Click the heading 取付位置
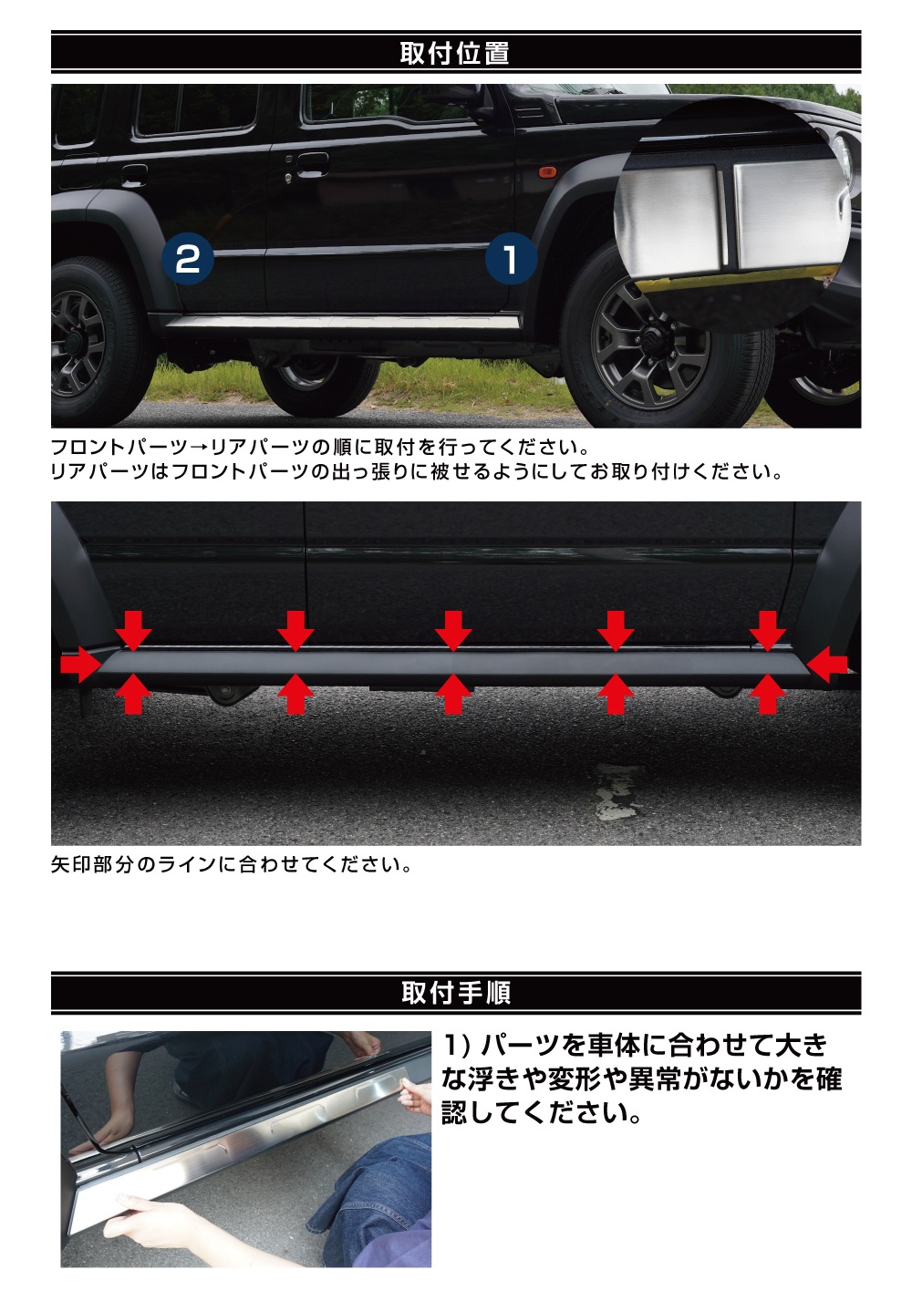(x=454, y=53)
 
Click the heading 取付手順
(x=456, y=992)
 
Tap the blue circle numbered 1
(x=511, y=259)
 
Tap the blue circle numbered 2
(x=187, y=259)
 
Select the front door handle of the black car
(x=313, y=165)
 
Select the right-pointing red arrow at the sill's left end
(x=81, y=664)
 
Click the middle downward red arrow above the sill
(x=453, y=631)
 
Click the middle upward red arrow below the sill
(x=453, y=694)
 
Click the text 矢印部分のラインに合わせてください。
(x=232, y=864)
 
